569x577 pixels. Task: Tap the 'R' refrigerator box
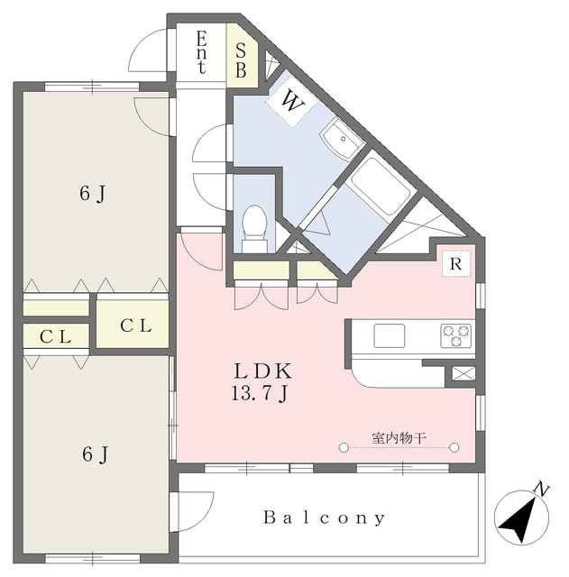tap(456, 264)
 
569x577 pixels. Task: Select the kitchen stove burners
tap(455, 335)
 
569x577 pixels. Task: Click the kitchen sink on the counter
tap(390, 335)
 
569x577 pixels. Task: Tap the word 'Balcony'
tap(325, 518)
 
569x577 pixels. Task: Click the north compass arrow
tap(519, 521)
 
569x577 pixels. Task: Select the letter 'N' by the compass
tap(541, 490)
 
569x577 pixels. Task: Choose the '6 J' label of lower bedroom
tap(95, 454)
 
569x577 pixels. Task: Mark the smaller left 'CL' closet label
tap(56, 337)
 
